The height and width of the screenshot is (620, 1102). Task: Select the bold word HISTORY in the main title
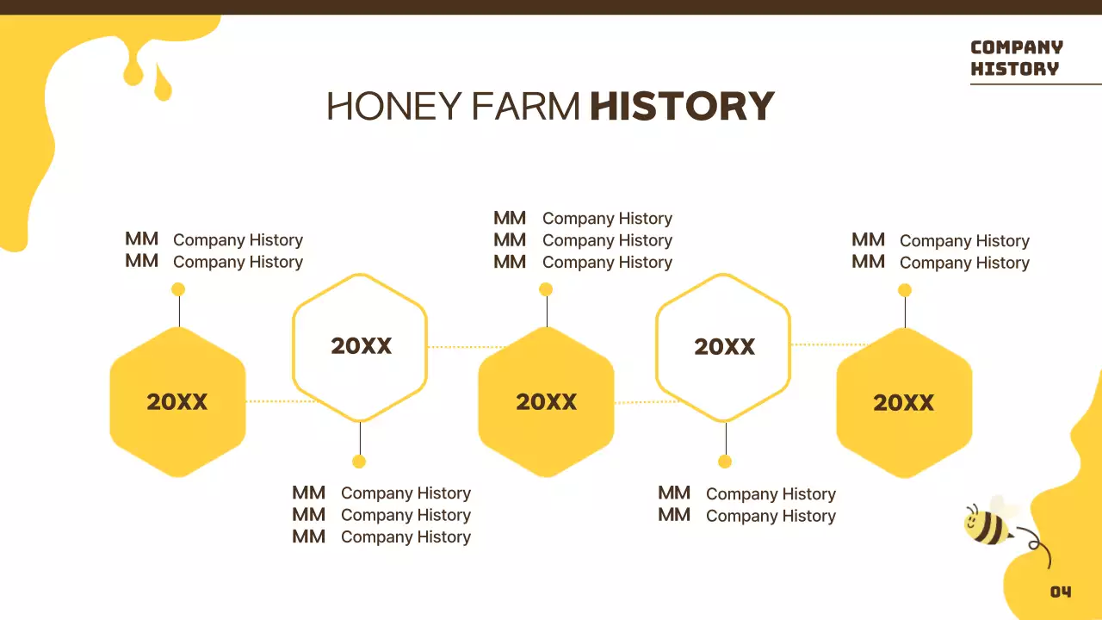point(682,107)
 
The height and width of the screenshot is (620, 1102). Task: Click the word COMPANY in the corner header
point(1016,47)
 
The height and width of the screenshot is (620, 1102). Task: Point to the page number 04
point(1061,592)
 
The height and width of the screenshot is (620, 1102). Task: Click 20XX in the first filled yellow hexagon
point(177,402)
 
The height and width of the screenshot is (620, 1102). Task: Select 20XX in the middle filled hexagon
point(546,402)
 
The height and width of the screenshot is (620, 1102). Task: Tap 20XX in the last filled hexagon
point(904,403)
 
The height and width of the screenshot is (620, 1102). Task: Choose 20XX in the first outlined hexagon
point(361,346)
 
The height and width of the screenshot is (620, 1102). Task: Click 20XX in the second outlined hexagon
point(724,347)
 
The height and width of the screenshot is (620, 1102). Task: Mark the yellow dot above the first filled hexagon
point(178,289)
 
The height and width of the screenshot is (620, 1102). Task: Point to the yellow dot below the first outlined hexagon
point(359,462)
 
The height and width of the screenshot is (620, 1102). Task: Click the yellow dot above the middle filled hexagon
point(546,289)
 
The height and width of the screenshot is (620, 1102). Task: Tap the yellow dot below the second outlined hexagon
point(725,462)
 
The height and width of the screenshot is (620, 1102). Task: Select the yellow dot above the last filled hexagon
point(905,290)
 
